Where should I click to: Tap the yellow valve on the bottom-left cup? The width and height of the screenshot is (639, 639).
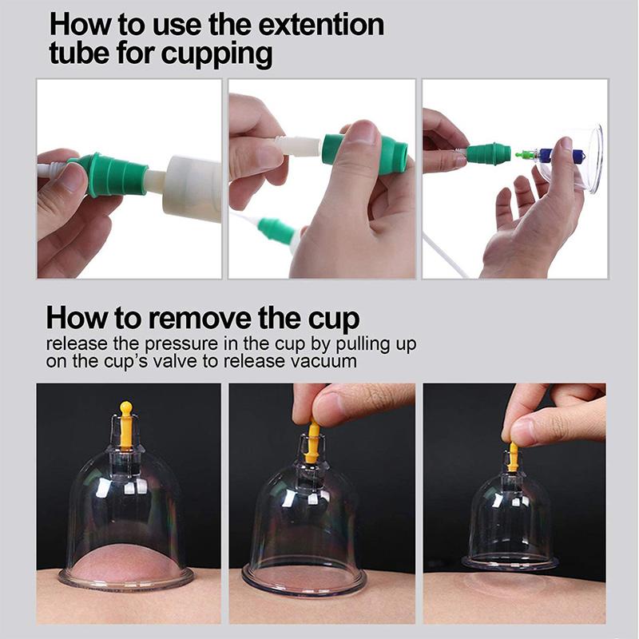125,427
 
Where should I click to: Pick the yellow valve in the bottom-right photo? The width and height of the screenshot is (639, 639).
513,456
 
